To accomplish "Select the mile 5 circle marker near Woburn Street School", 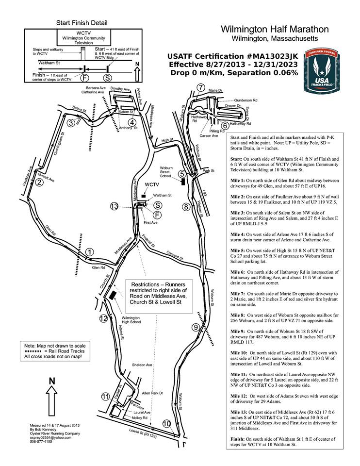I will click(x=182, y=173).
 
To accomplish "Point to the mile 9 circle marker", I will click(x=196, y=327).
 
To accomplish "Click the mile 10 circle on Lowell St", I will click(x=166, y=424).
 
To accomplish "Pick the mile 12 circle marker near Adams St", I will click(x=103, y=318).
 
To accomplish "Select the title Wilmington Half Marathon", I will click(x=275, y=30).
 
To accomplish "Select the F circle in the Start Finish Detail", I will click(x=84, y=78).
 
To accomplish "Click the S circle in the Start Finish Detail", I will click(x=107, y=78).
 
